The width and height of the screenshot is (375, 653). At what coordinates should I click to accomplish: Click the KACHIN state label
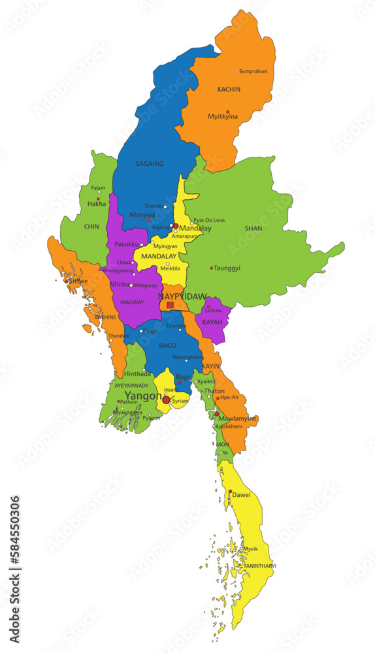(x=229, y=89)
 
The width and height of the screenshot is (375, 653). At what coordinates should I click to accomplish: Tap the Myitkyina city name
(x=223, y=117)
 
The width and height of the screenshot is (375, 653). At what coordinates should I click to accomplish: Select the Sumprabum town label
(x=253, y=71)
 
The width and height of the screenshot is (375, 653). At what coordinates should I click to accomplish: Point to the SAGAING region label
(x=150, y=164)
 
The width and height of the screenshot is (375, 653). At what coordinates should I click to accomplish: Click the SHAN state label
(x=253, y=229)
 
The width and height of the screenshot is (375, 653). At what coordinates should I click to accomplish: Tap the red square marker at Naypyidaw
(x=171, y=305)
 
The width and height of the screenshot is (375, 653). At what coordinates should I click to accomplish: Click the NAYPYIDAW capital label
(x=182, y=296)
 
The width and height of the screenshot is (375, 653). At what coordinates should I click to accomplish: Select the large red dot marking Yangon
(x=166, y=400)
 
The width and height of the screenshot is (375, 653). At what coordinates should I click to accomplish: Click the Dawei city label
(x=241, y=495)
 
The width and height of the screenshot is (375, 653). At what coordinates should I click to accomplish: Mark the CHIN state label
(x=91, y=227)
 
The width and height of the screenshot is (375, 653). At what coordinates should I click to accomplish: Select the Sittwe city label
(x=78, y=281)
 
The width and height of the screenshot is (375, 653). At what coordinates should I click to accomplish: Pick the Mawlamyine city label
(x=238, y=418)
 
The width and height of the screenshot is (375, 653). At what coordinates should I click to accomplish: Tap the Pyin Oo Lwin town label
(x=209, y=220)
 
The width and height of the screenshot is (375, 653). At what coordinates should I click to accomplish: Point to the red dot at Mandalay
(x=176, y=226)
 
